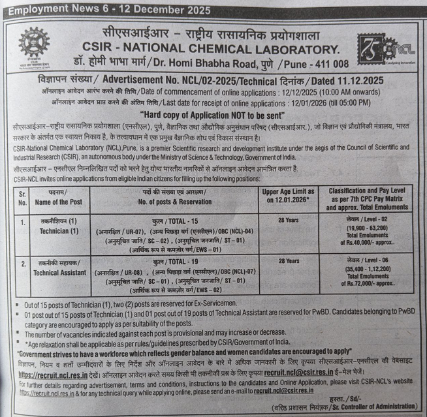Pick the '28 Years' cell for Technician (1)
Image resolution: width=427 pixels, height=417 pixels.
point(289,221)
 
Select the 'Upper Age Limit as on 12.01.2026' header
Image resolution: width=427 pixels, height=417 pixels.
point(289,195)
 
